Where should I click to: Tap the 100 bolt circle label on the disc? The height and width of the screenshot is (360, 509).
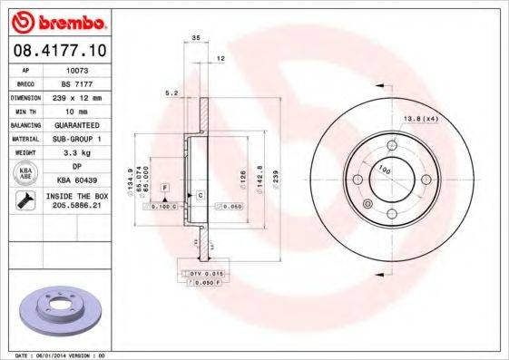click(x=384, y=170)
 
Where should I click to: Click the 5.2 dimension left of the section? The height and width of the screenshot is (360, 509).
click(x=170, y=92)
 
